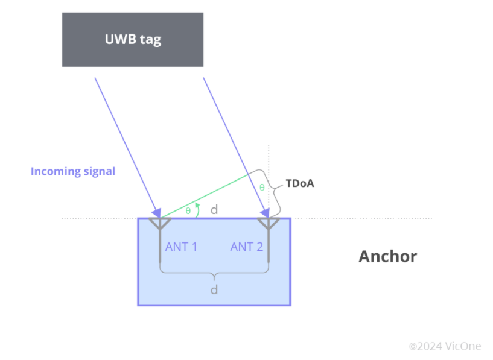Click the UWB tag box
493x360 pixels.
tap(133, 40)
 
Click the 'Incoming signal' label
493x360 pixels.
tap(72, 171)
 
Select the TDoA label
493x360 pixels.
tap(300, 183)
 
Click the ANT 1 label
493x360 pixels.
tap(181, 247)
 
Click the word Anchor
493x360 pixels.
tap(387, 256)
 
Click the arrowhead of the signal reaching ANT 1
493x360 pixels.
tap(157, 213)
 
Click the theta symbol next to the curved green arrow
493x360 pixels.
tap(188, 211)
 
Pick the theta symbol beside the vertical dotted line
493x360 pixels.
tap(262, 188)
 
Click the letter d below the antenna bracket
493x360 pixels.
tap(214, 290)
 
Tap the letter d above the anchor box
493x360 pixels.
tap(214, 210)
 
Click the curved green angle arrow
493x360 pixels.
tap(197, 207)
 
